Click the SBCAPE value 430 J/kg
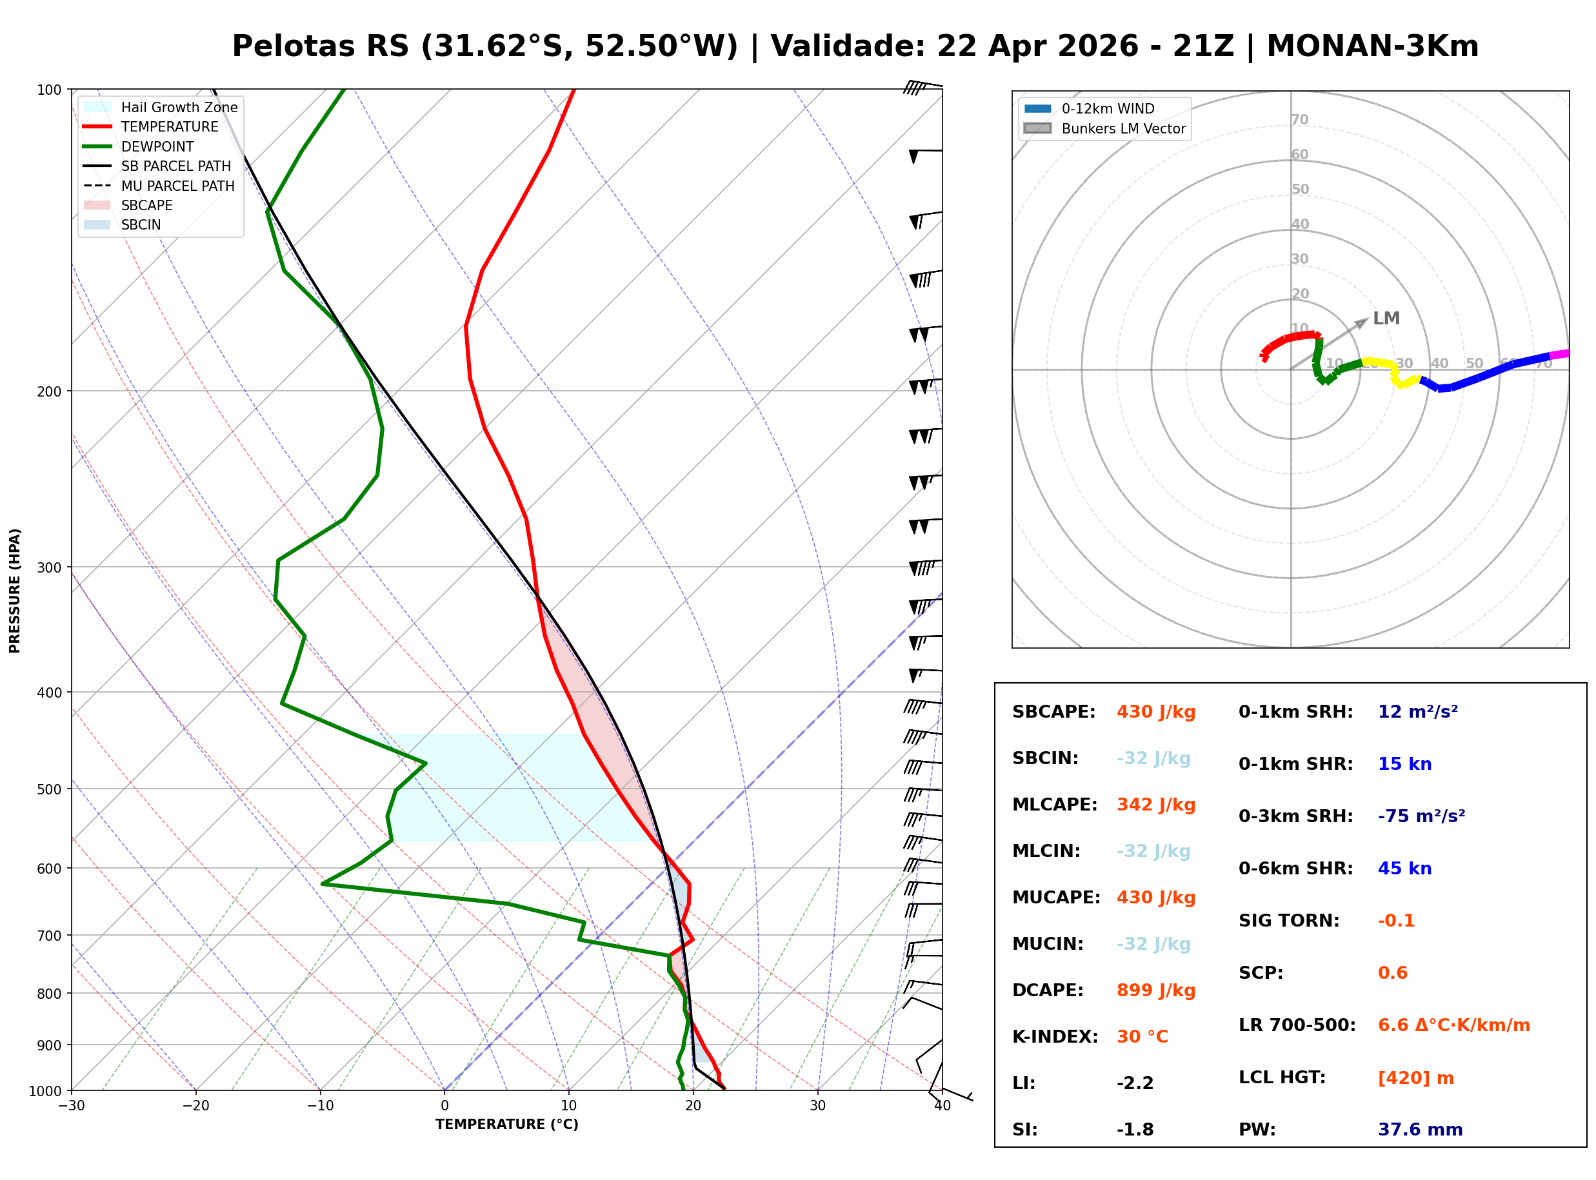[1155, 712]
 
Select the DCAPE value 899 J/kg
[1155, 990]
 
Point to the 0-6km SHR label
[1295, 869]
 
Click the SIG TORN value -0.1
[1395, 921]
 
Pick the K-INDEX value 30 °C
[1142, 1037]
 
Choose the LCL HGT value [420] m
[1415, 1078]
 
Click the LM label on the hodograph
[1386, 319]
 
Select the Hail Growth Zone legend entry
[179, 107]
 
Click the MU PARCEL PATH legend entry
[177, 186]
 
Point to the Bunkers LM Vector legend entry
[1123, 128]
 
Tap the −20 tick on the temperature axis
[195, 1106]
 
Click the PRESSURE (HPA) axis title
[15, 591]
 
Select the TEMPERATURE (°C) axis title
[506, 1125]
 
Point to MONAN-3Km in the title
[1372, 46]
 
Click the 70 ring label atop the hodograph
[1299, 120]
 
